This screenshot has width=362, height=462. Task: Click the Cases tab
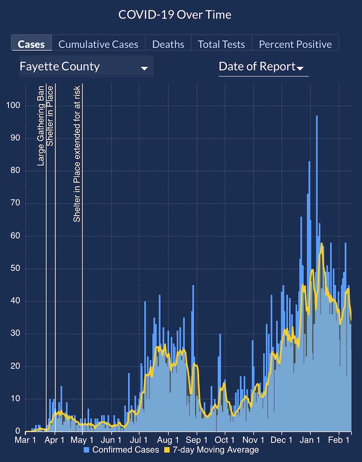pyautogui.click(x=31, y=44)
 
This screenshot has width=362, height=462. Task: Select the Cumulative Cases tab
pyautogui.click(x=98, y=44)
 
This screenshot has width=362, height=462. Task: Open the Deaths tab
pyautogui.click(x=168, y=44)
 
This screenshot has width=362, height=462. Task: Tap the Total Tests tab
pyautogui.click(x=222, y=44)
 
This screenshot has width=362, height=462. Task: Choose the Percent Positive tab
pyautogui.click(x=295, y=44)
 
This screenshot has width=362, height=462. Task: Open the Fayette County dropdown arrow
pyautogui.click(x=144, y=69)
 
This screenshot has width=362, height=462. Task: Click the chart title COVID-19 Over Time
pyautogui.click(x=175, y=14)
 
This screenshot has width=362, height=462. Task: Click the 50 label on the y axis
pyautogui.click(x=14, y=268)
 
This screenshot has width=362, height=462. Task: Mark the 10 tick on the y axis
pyautogui.click(x=14, y=398)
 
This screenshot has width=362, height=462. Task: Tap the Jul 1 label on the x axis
pyautogui.click(x=140, y=439)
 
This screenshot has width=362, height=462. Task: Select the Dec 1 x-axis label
pyautogui.click(x=282, y=439)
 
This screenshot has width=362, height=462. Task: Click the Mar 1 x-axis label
pyautogui.click(x=26, y=439)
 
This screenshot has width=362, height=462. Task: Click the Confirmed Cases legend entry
pyautogui.click(x=121, y=450)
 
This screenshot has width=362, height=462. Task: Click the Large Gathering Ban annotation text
pyautogui.click(x=41, y=125)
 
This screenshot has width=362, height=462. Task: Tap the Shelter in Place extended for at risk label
pyautogui.click(x=77, y=153)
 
